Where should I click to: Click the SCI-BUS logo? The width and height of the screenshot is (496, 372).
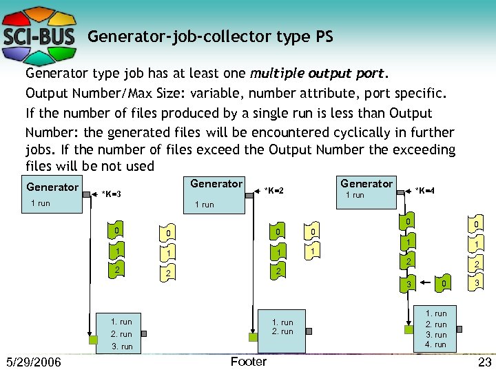pos(39,29)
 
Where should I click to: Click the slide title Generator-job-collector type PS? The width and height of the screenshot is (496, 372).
pos(210,37)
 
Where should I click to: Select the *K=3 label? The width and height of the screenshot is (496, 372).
pos(111,194)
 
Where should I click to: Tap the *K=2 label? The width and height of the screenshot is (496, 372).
pos(274,190)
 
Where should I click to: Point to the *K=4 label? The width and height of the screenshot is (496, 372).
pos(424,190)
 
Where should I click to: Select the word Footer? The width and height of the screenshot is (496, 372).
pos(249,362)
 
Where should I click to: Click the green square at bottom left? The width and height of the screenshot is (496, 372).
pos(92,340)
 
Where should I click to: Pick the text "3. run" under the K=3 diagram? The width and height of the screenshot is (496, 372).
pos(121,347)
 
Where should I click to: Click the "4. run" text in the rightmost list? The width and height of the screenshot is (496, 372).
pos(436,344)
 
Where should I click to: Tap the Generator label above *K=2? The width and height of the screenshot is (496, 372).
pos(216,183)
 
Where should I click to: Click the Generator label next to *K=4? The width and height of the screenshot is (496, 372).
pos(366,183)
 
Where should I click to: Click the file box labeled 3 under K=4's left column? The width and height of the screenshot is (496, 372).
pos(409,283)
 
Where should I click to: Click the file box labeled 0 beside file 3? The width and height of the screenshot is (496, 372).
pos(444,282)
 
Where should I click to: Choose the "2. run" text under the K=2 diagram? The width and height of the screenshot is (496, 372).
pos(282,331)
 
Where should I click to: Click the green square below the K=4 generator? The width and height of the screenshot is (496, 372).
pos(408,329)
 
